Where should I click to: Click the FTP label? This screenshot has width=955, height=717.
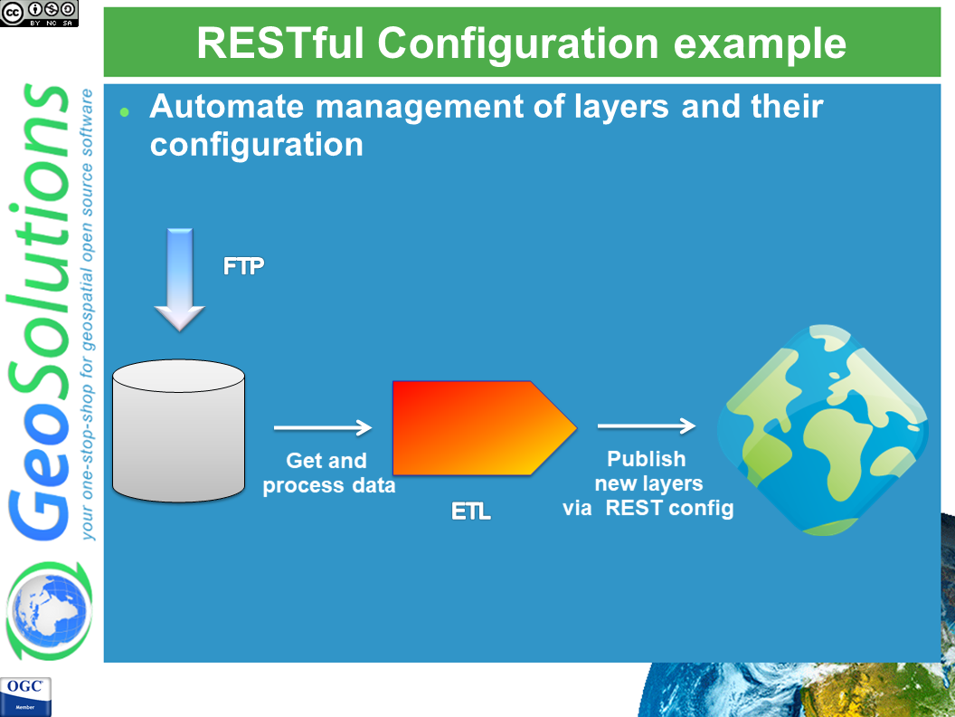point(243,266)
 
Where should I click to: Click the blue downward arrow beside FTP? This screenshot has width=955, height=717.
point(180,280)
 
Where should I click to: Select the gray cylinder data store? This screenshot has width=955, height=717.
point(178,430)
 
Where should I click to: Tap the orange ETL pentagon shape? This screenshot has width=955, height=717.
point(484,428)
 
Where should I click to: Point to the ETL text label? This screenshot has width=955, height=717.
point(471,511)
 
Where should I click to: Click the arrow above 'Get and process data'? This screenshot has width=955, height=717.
point(323,427)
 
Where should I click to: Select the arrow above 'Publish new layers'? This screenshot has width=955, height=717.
point(647,425)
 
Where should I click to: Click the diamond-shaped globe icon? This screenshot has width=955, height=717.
point(823,430)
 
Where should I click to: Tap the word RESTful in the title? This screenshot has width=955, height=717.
point(280,43)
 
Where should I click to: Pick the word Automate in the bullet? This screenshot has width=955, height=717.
point(227,106)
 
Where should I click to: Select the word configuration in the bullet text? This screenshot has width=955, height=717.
point(257,145)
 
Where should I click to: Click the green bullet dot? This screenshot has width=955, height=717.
point(125,111)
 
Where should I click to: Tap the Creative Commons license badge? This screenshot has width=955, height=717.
point(39,13)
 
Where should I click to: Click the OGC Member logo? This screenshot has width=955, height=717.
point(25,696)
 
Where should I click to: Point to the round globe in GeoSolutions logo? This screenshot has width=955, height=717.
point(50,609)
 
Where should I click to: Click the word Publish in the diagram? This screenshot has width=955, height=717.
point(647,458)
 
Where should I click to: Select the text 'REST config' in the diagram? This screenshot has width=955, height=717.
point(669,508)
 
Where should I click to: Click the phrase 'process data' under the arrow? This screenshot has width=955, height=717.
point(329,486)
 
